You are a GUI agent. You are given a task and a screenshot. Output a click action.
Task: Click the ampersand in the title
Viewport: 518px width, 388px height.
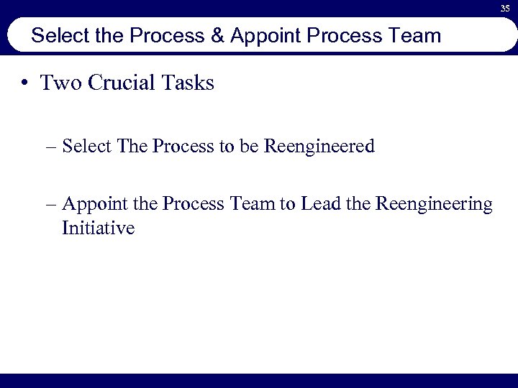(214, 35)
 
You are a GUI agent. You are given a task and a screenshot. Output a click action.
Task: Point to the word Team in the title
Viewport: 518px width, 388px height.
(415, 35)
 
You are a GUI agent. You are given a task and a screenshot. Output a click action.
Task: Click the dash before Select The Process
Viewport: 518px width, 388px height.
(53, 147)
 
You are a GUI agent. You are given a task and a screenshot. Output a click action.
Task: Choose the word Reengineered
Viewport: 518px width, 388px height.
(320, 147)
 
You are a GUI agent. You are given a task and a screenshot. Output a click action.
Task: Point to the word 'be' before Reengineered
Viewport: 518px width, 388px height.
(248, 147)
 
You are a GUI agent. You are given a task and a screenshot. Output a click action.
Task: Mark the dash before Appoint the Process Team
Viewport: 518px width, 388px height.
(53, 205)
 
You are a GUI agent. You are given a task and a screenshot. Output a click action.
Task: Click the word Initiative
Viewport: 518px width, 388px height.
(99, 228)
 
